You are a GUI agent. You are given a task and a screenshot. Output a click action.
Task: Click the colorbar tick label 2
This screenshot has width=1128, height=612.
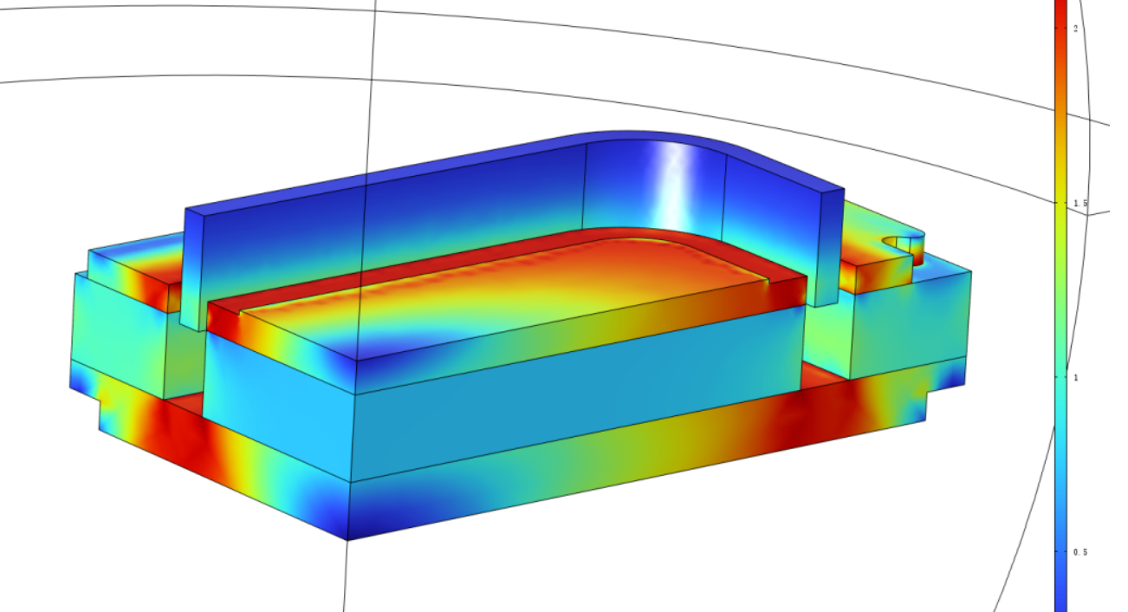(x=1076, y=29)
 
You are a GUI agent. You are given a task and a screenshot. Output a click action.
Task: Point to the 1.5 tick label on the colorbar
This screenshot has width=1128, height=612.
(x=1080, y=203)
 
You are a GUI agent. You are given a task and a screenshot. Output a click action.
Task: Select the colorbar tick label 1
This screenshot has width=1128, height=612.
(x=1076, y=377)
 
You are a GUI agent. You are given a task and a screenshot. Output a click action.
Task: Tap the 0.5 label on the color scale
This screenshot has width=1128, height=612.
(x=1080, y=552)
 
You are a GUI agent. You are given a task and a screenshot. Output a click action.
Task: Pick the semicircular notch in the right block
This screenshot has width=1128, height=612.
(x=904, y=248)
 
